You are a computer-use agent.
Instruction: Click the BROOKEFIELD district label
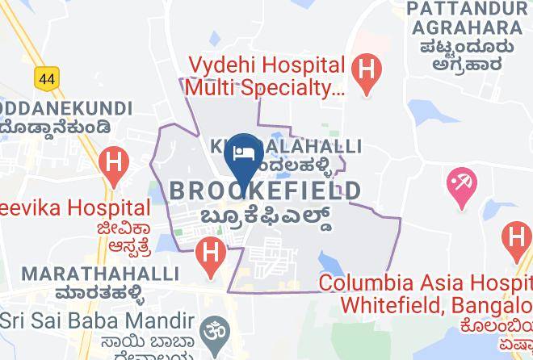click(266, 191)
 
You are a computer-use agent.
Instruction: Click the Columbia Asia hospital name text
click(426, 295)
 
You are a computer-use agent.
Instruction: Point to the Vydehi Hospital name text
click(267, 75)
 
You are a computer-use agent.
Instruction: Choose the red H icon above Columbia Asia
click(515, 239)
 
